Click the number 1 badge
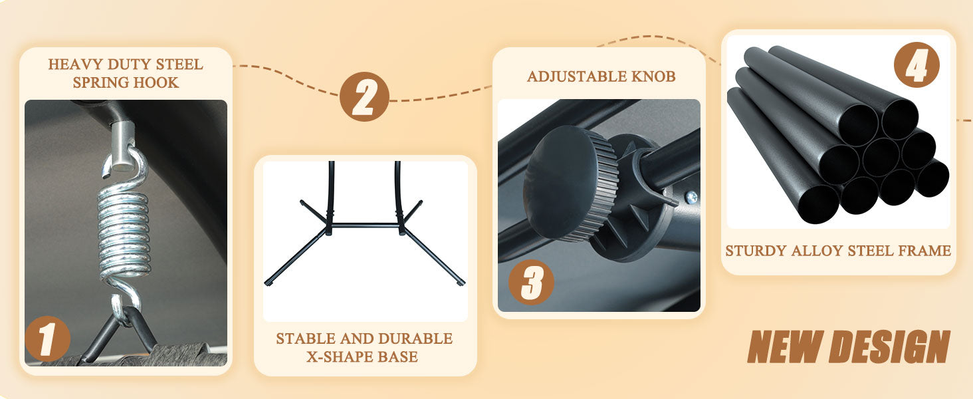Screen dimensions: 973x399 click(x=47, y=338)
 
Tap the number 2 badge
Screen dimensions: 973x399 click(x=364, y=96)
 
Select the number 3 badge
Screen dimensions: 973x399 click(x=531, y=282)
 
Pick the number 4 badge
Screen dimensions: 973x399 click(x=917, y=65)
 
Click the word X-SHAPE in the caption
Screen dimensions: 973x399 click(x=338, y=357)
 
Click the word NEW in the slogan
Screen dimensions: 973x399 click(x=786, y=346)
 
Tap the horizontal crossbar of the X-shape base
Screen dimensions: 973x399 click(x=364, y=225)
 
